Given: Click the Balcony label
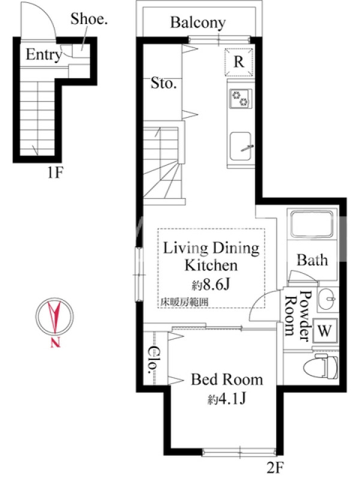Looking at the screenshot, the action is [x=198, y=23].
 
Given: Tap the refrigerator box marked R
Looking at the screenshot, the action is [x=239, y=62].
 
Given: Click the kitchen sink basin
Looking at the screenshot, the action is [x=241, y=146].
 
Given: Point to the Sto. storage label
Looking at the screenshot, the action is [x=163, y=83].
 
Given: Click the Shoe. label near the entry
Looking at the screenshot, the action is [x=89, y=19].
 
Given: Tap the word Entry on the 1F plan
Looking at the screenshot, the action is [x=44, y=55].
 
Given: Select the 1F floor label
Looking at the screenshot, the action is [x=55, y=173].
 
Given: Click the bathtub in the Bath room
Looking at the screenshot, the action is [x=311, y=223].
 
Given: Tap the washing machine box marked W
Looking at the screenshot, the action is [x=325, y=331].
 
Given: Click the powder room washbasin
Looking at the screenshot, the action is [x=327, y=298].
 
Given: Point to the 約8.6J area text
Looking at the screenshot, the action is [x=211, y=285].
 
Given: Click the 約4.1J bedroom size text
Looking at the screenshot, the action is [x=227, y=399].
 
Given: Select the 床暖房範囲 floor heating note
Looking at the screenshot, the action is [x=185, y=302].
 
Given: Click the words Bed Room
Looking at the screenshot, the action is [x=227, y=380].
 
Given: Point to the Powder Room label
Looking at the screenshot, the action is [x=298, y=316].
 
